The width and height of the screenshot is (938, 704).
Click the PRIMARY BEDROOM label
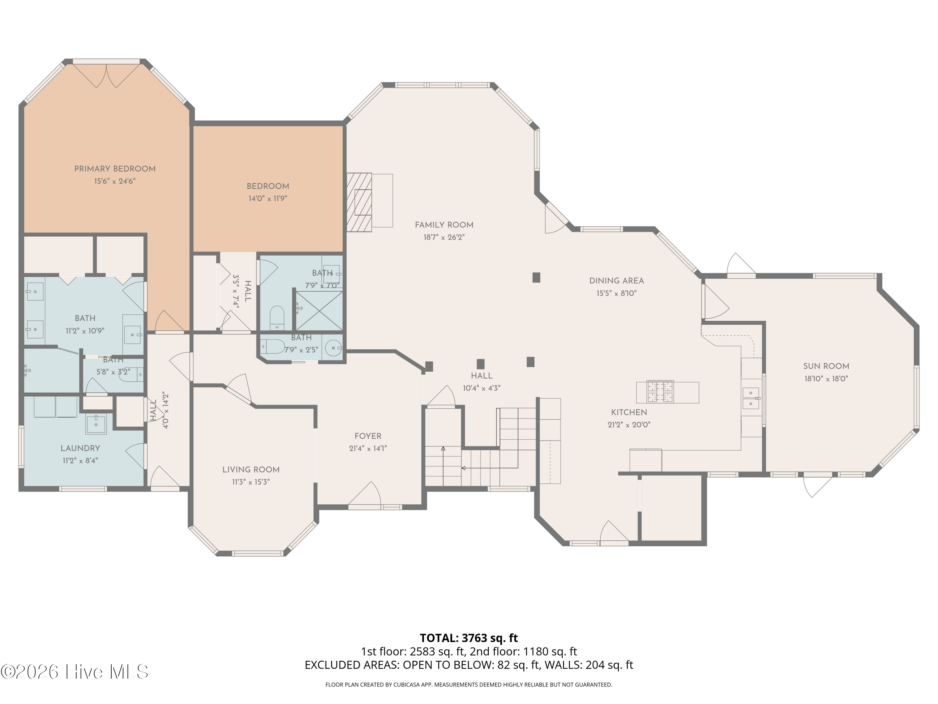coord(115,169)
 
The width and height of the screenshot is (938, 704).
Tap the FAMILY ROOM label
coord(444,225)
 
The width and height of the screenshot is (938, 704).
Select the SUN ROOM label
coord(826,366)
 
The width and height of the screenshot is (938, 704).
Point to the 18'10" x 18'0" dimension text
coord(826,379)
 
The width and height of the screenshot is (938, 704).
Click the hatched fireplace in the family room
coord(359,202)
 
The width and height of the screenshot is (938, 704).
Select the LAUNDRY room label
coord(80,448)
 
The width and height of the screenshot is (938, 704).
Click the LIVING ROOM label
coord(251,469)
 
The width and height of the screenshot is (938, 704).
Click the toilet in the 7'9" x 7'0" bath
coord(277,317)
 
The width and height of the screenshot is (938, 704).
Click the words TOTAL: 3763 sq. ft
coord(469,638)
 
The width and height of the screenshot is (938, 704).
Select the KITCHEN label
coord(629,412)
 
